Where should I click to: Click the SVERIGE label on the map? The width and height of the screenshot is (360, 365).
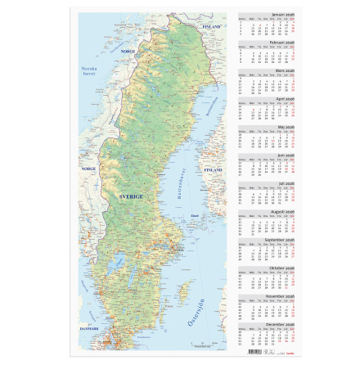pyautogui.click(x=130, y=196)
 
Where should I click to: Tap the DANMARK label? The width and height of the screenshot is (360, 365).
pyautogui.click(x=89, y=328)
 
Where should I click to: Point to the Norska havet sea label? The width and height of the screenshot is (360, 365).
pyautogui.click(x=89, y=70)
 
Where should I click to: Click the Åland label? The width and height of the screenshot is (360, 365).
pyautogui.click(x=194, y=216)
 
